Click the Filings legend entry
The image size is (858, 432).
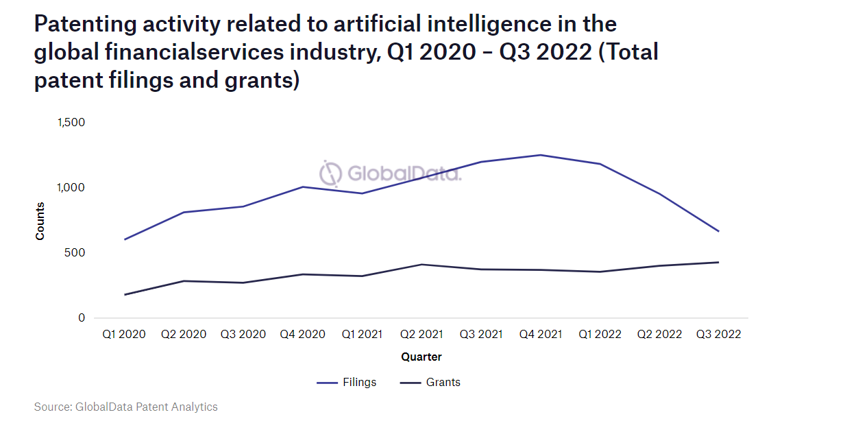(x=347, y=382)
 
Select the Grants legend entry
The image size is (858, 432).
(x=430, y=382)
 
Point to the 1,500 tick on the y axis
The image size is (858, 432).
(x=71, y=122)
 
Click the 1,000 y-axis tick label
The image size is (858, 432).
(x=71, y=187)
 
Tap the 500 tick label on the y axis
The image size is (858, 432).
(x=76, y=252)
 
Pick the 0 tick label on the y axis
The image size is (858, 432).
(x=82, y=317)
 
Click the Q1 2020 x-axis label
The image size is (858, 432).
(x=124, y=335)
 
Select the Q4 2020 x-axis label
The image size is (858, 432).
(x=303, y=335)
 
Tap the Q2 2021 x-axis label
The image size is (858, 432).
(x=421, y=335)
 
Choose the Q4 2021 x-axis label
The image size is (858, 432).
(x=540, y=335)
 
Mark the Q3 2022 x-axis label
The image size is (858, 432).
(x=718, y=335)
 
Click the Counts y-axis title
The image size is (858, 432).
(x=40, y=220)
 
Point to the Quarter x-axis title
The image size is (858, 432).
(x=421, y=357)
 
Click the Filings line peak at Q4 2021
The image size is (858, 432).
(x=540, y=155)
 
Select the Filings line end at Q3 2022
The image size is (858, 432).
(x=718, y=231)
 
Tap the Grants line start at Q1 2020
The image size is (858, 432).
(x=124, y=295)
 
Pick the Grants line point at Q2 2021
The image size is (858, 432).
(x=421, y=265)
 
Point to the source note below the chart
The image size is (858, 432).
(x=126, y=407)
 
